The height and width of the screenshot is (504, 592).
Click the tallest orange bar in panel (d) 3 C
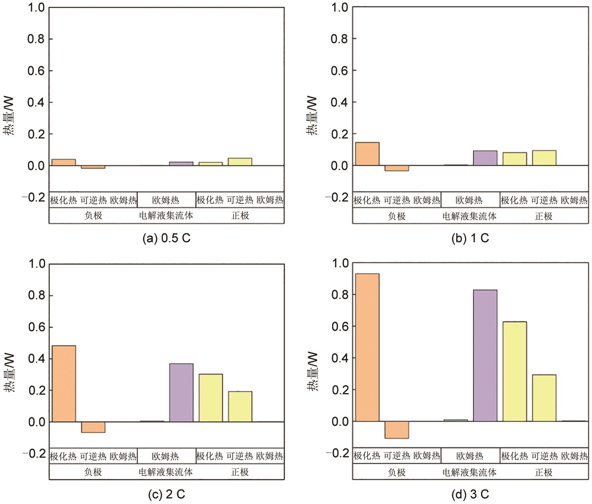367,347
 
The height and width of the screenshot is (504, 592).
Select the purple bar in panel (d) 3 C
485,356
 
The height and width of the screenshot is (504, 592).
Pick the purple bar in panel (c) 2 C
181,393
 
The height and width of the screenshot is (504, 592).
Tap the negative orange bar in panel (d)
396,430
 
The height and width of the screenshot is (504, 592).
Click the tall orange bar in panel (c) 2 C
64,383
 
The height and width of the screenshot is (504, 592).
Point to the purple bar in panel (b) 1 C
485,158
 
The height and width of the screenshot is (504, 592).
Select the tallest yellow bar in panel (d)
514,371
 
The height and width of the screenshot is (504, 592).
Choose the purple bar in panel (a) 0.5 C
181,164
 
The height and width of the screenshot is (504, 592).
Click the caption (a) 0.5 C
166,238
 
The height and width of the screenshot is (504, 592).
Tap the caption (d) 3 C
470,494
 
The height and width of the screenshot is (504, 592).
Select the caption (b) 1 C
470,238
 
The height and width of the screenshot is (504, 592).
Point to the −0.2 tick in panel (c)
34,453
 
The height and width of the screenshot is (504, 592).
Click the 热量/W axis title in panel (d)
313,371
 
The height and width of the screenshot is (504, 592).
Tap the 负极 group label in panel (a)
93,215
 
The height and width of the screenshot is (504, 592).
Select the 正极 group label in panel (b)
543,216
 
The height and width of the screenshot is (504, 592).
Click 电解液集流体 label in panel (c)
166,472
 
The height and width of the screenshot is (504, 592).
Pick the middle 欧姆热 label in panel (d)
469,456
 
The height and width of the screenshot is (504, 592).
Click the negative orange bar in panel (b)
396,168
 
